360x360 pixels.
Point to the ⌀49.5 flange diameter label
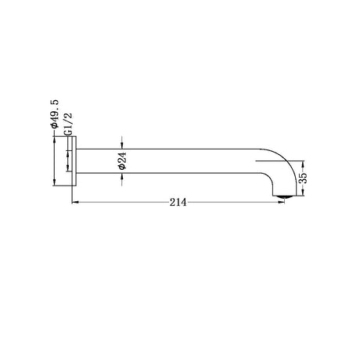(x=54, y=113)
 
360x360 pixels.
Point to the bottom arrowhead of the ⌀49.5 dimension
(x=54, y=183)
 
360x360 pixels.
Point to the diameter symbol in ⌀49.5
(x=54, y=127)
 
